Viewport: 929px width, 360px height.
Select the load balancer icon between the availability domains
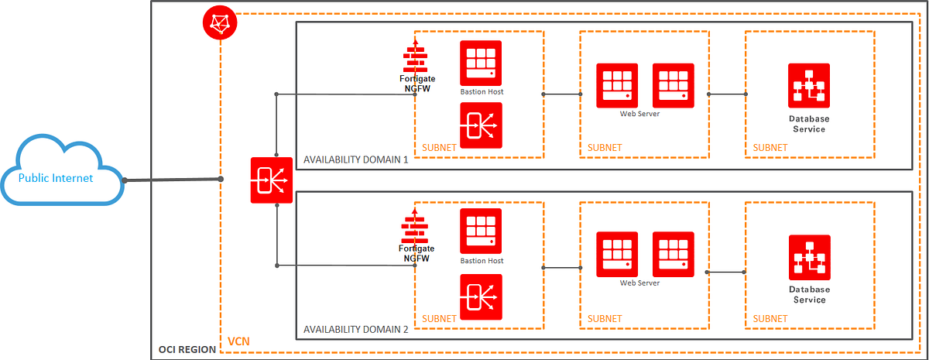(x=271, y=180)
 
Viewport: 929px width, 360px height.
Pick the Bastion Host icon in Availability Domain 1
(x=481, y=62)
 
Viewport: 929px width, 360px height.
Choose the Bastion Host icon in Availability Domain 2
(x=481, y=231)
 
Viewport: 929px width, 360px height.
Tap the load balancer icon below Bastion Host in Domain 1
(x=481, y=125)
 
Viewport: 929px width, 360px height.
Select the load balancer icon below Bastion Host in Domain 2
(x=481, y=296)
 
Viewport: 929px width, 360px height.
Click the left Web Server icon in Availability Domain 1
(x=617, y=84)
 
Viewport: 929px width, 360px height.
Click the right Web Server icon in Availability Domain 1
(x=674, y=84)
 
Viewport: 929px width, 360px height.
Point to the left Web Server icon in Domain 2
(x=617, y=253)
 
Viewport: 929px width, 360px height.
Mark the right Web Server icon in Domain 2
(x=674, y=253)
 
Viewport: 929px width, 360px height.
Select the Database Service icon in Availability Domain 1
(x=809, y=84)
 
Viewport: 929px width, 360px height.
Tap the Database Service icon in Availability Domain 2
(x=809, y=256)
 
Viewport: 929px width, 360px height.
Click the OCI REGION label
(x=187, y=350)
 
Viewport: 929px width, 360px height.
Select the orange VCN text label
(x=238, y=341)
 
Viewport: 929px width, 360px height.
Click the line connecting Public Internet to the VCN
(x=172, y=180)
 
